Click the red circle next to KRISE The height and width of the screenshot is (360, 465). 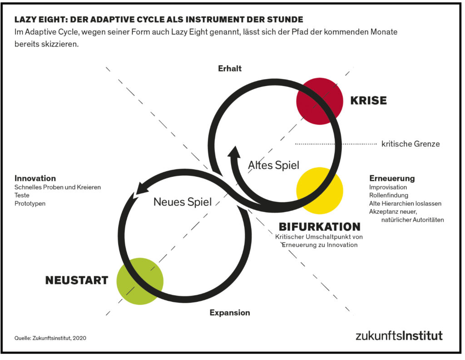coord(320,101)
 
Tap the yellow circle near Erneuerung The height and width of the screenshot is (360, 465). coord(320,190)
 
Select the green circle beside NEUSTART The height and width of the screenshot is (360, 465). coord(140,281)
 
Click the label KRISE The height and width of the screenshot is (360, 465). coord(369,100)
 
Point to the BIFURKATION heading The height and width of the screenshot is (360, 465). coord(320,227)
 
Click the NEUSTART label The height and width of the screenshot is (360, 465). coord(76,280)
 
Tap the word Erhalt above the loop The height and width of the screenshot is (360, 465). coord(230,69)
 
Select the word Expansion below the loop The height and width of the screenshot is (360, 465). coord(230,313)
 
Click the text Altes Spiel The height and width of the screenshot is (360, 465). coord(273,165)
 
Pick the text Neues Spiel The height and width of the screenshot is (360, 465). coord(183,202)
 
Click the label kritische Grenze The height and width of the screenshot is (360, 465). coord(411,144)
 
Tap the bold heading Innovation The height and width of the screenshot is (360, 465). coord(35,178)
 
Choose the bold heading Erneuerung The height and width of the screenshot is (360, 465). coord(392,178)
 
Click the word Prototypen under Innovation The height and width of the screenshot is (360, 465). coord(30,204)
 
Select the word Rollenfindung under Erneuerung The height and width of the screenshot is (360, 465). coord(389,195)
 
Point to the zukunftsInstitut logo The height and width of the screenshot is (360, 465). coord(399,335)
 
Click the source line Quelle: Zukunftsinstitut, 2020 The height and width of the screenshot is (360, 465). coord(50,338)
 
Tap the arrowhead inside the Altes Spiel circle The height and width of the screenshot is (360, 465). coord(235,152)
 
